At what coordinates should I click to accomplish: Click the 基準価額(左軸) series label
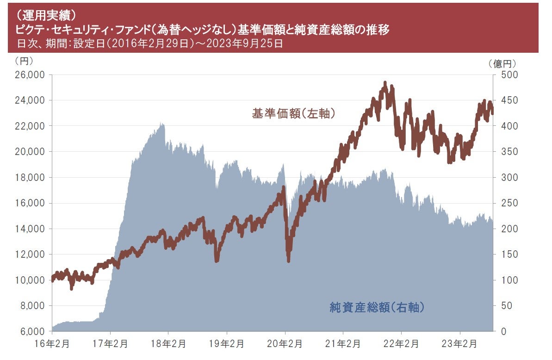[x=293, y=113]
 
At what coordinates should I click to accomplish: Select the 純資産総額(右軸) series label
[x=377, y=307]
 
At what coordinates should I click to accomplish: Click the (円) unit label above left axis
[x=24, y=61]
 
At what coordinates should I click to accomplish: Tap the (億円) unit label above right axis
[x=502, y=64]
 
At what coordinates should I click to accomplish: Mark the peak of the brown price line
[x=385, y=83]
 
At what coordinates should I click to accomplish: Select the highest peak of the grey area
[x=162, y=124]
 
